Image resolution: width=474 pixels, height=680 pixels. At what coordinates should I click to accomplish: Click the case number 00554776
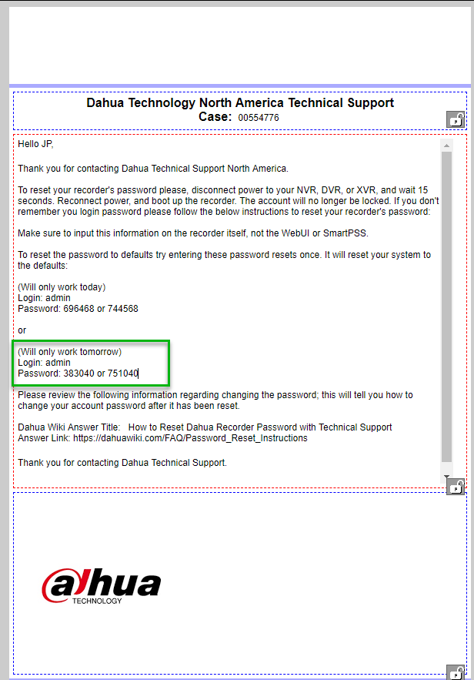point(258,118)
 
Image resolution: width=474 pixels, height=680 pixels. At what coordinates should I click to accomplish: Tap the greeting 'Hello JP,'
point(36,144)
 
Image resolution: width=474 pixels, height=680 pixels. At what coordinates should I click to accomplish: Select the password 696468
point(78,309)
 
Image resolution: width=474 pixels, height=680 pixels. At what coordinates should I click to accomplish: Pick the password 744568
point(122,309)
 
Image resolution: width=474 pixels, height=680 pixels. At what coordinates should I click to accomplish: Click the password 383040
point(78,373)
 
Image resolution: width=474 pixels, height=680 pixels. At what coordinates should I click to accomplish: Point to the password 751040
point(122,373)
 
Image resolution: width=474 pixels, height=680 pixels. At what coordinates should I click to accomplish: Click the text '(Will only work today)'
point(62,287)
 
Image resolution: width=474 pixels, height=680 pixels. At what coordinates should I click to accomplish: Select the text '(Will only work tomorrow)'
point(69,352)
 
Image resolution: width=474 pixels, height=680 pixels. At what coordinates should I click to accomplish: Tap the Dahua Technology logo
point(101,587)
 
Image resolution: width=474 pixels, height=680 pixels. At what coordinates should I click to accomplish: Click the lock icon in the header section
point(456,119)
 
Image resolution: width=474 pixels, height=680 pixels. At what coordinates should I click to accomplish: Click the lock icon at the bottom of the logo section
point(456,672)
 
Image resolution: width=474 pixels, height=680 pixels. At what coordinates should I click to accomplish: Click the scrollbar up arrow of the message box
point(447,146)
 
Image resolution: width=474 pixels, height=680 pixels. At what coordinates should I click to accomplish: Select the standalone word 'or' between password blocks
point(22,330)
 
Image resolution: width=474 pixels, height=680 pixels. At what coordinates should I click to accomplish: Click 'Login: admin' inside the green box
point(44,363)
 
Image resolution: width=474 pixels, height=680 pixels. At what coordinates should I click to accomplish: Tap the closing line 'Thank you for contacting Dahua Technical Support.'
point(122,463)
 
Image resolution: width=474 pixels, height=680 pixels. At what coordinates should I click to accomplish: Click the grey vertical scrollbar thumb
point(447,308)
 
